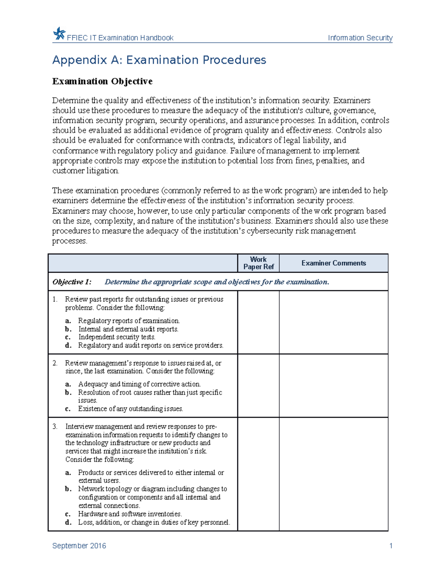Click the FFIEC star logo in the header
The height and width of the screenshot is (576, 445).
tap(59, 34)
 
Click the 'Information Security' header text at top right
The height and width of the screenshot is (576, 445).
tap(360, 38)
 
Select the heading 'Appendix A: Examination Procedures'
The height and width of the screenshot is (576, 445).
tap(159, 60)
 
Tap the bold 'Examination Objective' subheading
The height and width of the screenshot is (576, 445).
tap(102, 81)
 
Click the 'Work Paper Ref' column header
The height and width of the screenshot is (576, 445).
tap(258, 263)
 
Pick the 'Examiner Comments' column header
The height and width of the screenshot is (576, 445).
tap(333, 263)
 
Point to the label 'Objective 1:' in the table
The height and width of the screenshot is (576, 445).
tap(72, 282)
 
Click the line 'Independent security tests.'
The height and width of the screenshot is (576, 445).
tap(116, 337)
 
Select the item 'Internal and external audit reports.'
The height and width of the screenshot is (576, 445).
tap(128, 329)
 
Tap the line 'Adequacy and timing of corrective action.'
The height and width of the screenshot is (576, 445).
tap(139, 384)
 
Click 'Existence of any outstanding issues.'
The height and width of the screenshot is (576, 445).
tap(131, 409)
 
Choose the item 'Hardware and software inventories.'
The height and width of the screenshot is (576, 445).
tap(130, 514)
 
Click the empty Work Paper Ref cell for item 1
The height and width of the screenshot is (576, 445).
tap(258, 322)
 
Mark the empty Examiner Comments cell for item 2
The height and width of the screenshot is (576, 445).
tap(333, 385)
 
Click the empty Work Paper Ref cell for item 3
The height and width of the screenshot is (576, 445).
tap(258, 474)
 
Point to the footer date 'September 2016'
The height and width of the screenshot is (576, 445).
tap(79, 546)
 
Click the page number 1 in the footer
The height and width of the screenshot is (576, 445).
tap(390, 546)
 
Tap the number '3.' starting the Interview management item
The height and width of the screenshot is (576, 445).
tap(55, 427)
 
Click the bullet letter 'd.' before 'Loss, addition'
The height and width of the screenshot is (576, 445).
tap(68, 522)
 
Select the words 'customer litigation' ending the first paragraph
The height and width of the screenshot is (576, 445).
tap(85, 171)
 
